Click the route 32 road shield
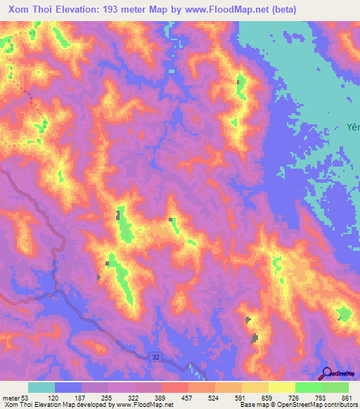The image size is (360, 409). click(155, 358)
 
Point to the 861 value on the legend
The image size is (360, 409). click(346, 397)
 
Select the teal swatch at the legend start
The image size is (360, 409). click(41, 387)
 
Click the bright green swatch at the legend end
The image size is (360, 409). click(335, 387)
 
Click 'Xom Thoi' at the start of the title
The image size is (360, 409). click(29, 10)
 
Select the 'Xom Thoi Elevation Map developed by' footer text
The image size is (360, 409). click(58, 405)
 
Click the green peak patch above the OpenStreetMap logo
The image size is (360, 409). click(343, 313)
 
